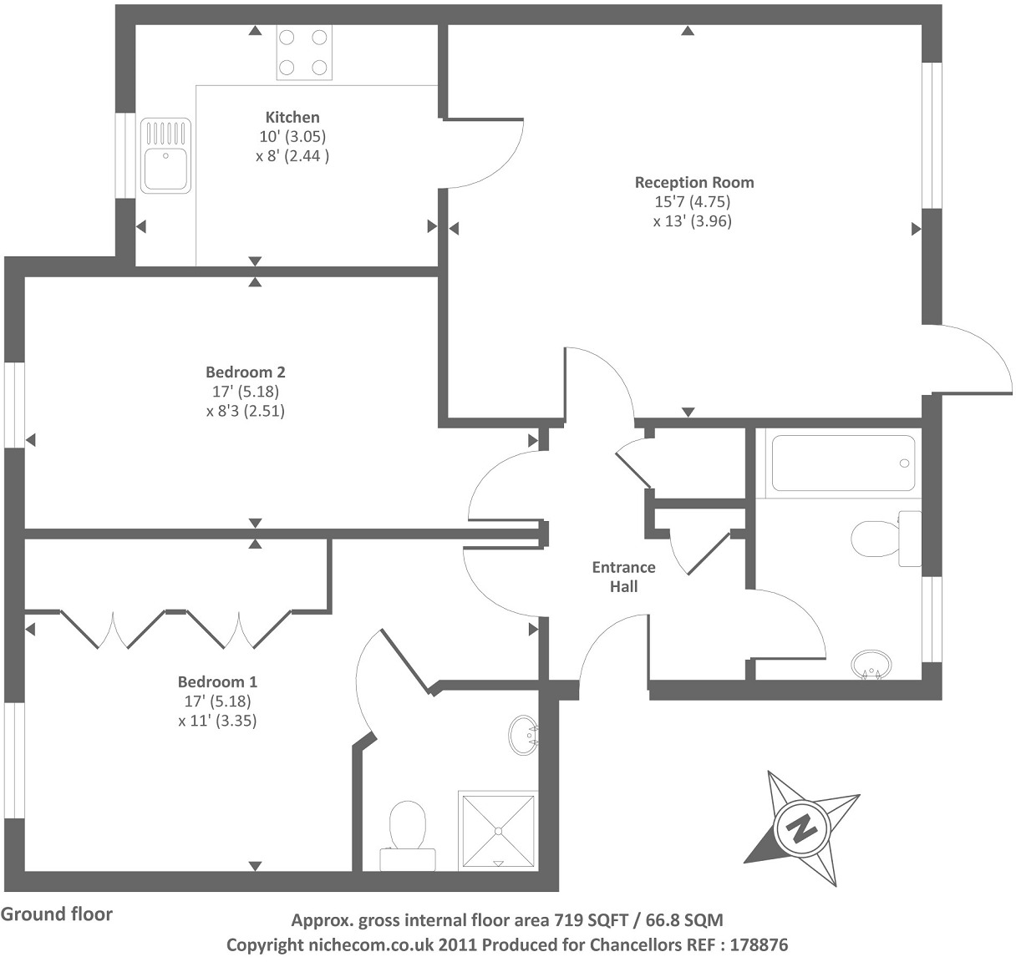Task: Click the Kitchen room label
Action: pos(292,117)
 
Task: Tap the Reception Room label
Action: pos(693,182)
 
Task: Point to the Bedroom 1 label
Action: pos(217,681)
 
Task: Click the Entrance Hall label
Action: pos(623,577)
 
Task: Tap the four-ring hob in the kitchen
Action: pos(304,53)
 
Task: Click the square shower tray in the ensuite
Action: pos(498,830)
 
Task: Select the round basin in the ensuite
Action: pos(524,734)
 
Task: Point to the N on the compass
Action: pos(802,828)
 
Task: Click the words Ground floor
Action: pos(56,914)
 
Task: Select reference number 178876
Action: pos(759,945)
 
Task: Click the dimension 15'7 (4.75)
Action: pos(693,201)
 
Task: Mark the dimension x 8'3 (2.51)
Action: pos(246,411)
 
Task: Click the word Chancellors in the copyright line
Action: pos(638,945)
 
